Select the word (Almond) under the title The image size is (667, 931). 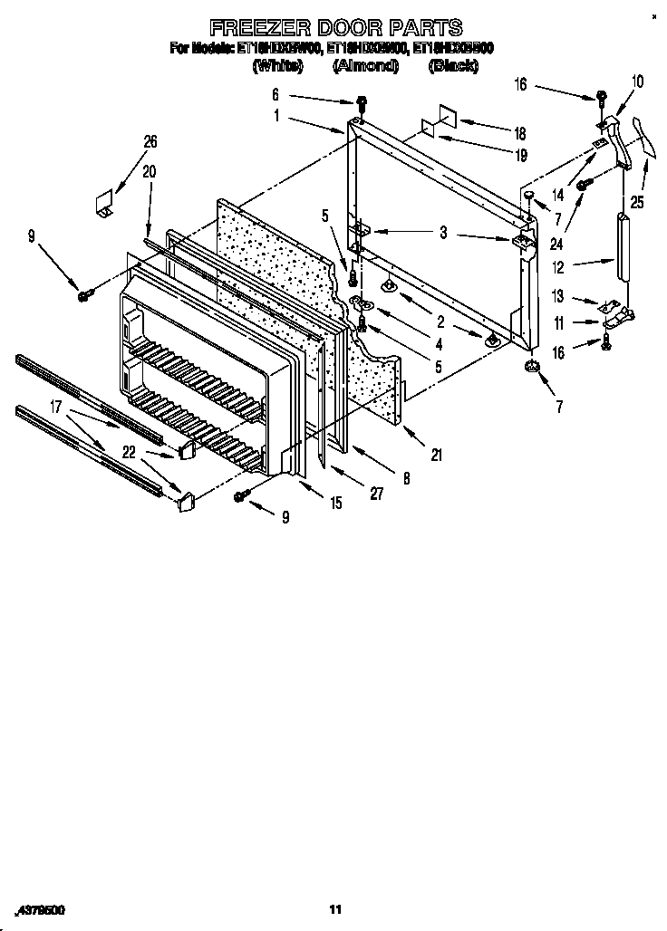(365, 65)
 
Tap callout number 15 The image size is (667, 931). (336, 503)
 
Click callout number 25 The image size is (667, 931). (638, 203)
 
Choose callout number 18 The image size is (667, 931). (520, 130)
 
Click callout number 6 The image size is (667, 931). (275, 94)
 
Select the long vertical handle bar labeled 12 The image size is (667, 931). (621, 246)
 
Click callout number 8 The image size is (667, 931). (406, 479)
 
